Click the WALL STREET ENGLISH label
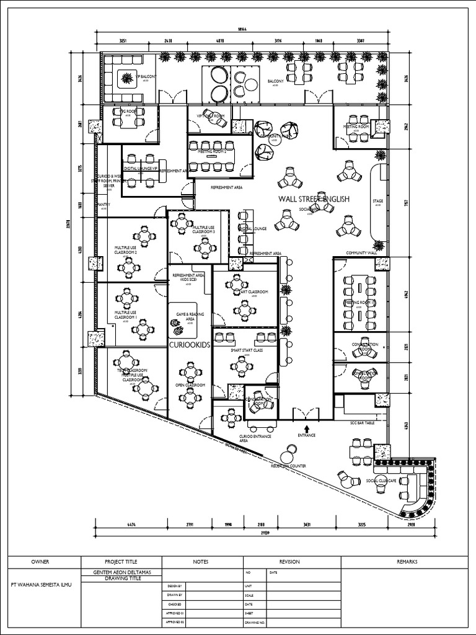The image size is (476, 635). (314, 199)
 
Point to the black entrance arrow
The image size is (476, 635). (307, 427)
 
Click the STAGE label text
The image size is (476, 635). (377, 201)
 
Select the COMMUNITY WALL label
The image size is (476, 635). (363, 253)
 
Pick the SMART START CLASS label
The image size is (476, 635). (247, 350)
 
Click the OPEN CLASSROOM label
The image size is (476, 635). (190, 385)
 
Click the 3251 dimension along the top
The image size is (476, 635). (123, 40)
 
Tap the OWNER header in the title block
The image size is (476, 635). (40, 562)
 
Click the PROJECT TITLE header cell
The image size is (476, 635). (121, 562)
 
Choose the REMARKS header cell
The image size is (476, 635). (407, 562)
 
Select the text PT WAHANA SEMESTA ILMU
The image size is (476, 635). (40, 584)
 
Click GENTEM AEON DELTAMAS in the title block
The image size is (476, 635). (121, 571)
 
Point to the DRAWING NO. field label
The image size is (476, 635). (255, 622)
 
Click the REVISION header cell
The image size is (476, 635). (289, 562)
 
